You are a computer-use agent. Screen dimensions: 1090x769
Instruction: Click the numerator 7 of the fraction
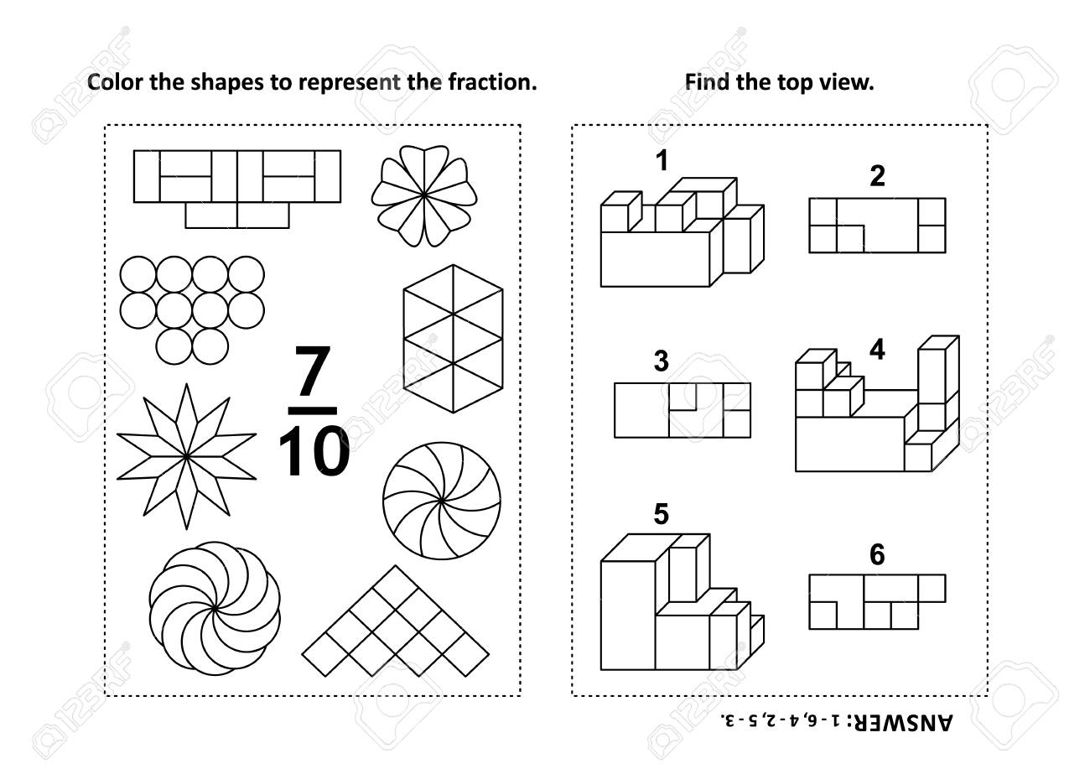[x=313, y=371]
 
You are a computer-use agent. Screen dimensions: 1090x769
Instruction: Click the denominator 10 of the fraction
[x=314, y=450]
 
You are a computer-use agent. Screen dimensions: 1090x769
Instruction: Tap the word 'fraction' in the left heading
[x=492, y=82]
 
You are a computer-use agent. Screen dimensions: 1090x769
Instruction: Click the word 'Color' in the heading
[x=116, y=82]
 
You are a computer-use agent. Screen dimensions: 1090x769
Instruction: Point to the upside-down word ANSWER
[x=901, y=723]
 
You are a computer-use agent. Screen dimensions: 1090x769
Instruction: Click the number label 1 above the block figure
[x=662, y=161]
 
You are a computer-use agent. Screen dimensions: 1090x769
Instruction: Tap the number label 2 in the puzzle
[x=877, y=176]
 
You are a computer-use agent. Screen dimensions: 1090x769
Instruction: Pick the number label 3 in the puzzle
[x=661, y=361]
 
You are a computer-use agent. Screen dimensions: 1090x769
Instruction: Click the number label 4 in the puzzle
[x=877, y=350]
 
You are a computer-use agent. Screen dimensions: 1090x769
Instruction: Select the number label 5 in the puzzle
[x=661, y=514]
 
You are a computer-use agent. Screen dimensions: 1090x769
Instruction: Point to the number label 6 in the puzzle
[x=877, y=554]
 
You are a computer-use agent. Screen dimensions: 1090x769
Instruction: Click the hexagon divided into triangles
[x=453, y=339]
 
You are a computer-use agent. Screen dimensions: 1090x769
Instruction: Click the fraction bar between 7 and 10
[x=313, y=411]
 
